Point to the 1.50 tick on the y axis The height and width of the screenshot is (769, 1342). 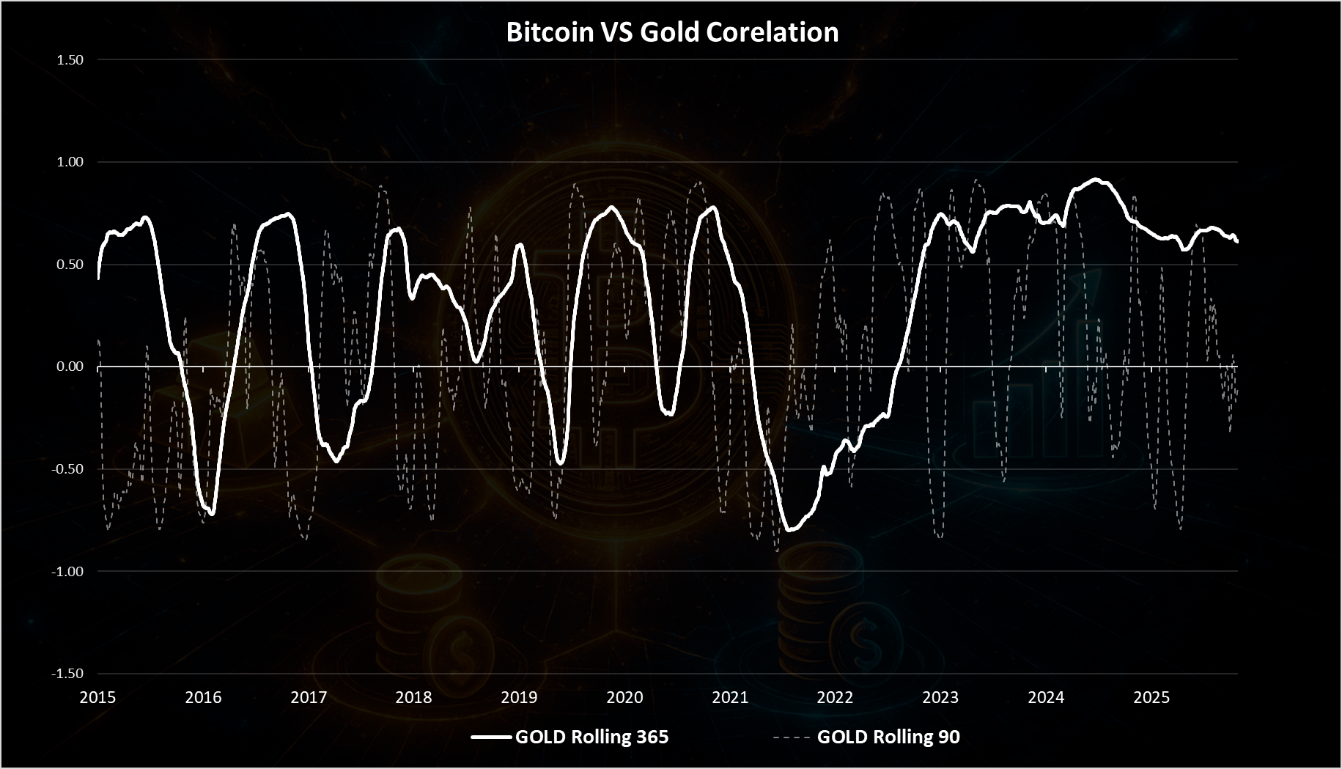[70, 60]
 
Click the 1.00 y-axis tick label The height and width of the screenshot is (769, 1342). [70, 162]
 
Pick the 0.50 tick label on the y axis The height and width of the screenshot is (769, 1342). [70, 265]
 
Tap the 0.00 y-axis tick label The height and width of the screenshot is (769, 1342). [70, 367]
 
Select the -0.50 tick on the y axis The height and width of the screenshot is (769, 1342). [68, 469]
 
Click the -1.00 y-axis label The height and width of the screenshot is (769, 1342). [68, 571]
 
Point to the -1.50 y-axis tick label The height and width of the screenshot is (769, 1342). [68, 674]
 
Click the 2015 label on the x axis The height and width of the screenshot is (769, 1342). [97, 697]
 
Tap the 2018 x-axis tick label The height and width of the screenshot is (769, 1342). [413, 697]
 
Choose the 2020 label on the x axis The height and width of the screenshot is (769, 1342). [624, 697]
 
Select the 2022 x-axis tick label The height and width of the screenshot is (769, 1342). [835, 697]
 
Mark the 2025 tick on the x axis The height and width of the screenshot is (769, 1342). [1151, 697]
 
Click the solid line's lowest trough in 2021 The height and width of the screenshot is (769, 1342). [790, 530]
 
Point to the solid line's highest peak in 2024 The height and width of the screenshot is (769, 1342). [1095, 180]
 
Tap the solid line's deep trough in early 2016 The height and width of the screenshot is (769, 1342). [212, 514]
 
